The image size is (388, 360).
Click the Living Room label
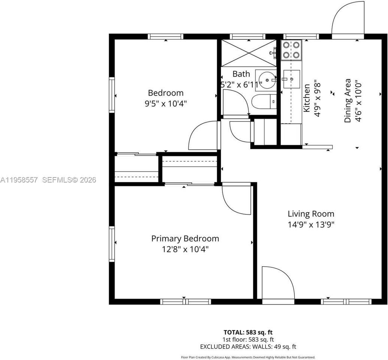(x=311, y=214)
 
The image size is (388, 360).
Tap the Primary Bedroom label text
(x=185, y=238)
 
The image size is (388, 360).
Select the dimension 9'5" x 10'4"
(x=166, y=103)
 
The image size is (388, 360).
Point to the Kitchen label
(x=306, y=98)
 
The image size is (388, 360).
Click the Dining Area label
(x=348, y=100)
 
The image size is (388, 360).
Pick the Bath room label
(x=241, y=74)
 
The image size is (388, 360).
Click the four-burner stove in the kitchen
(x=291, y=50)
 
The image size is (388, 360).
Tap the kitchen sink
(x=291, y=79)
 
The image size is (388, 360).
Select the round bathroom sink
(x=267, y=79)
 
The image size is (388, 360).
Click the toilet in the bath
(x=264, y=102)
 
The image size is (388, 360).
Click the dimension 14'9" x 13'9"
(x=311, y=225)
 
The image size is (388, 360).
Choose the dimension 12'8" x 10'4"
(x=185, y=249)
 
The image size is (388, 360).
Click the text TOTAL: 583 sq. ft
(x=248, y=332)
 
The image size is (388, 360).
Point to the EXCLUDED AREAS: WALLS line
(x=248, y=346)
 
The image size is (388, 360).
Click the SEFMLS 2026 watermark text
(x=69, y=180)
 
